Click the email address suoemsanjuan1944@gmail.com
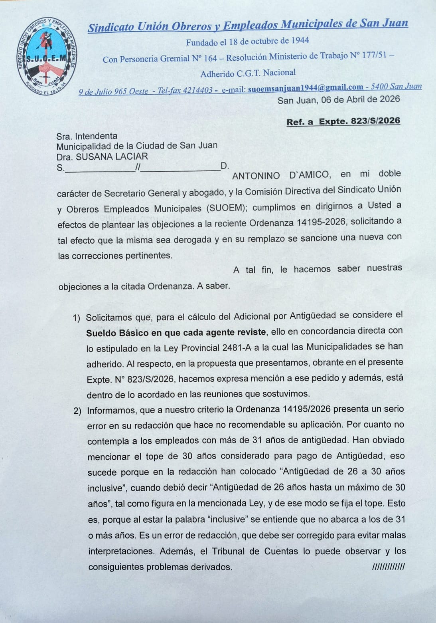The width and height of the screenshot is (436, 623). pos(306,88)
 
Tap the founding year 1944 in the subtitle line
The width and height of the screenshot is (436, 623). pos(300,41)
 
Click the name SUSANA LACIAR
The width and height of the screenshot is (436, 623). pos(112,157)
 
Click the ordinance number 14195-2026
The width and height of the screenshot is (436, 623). pos(321,222)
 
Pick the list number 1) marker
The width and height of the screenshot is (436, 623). pos(77,318)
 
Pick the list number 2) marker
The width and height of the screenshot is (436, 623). pos(77,411)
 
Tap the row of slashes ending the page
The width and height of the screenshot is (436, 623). pos(388,567)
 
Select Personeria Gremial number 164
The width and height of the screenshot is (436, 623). pos(210,58)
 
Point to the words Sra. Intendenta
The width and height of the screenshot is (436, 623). pos(87,136)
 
